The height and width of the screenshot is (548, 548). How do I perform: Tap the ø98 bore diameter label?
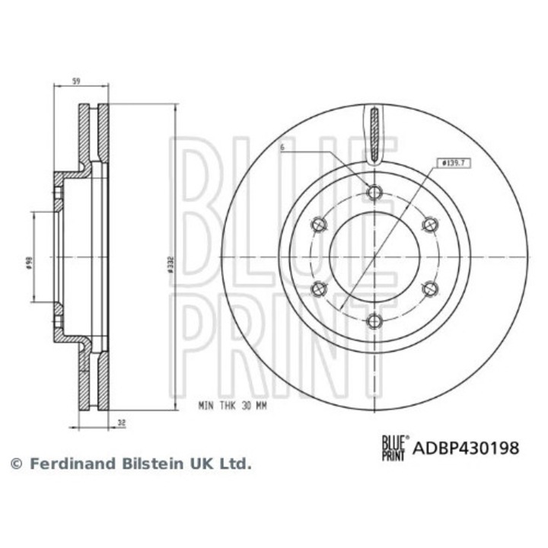click(x=29, y=261)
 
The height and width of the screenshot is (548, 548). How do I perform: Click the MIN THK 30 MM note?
click(x=232, y=406)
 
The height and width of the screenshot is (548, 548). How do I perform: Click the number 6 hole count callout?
click(x=281, y=148)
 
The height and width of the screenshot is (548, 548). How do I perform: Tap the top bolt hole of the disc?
click(x=373, y=192)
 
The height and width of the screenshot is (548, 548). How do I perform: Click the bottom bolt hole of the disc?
click(x=373, y=321)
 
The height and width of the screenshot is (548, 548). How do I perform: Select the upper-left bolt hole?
click(x=319, y=224)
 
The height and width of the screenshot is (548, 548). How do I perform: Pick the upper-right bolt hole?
click(x=429, y=224)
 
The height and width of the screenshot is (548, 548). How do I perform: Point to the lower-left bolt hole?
click(x=319, y=288)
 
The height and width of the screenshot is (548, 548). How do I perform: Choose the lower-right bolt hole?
click(x=429, y=288)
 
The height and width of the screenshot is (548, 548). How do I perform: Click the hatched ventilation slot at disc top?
click(x=373, y=135)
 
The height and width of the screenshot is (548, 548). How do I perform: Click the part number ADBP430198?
click(x=466, y=448)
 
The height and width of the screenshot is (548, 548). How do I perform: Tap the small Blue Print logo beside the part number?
click(x=393, y=448)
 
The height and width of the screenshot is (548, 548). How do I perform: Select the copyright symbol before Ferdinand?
click(x=15, y=463)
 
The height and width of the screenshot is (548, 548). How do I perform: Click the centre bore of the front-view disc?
click(x=374, y=256)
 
